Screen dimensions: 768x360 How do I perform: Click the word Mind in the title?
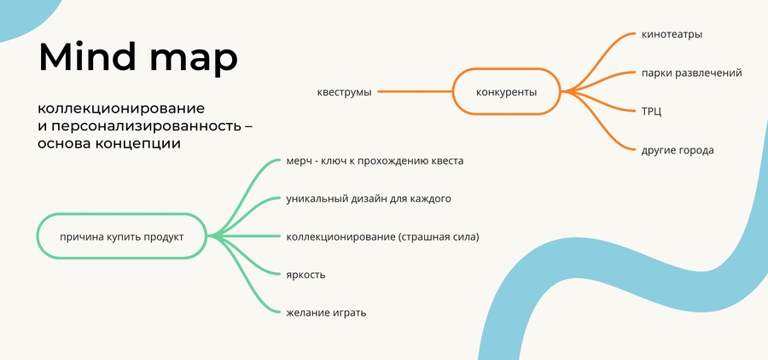coord(88,57)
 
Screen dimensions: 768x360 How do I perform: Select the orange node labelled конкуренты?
coord(506,91)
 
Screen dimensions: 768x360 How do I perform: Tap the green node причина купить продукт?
coord(122,236)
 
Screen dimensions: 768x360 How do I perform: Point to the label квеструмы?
coord(345,92)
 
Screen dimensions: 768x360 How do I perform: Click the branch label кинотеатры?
coord(672,34)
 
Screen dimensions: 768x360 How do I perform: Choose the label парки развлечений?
coord(691,73)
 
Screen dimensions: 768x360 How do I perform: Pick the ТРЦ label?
coord(651,112)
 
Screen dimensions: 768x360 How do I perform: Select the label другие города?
coord(678,150)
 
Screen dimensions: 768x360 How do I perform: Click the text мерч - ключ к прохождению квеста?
coord(375,160)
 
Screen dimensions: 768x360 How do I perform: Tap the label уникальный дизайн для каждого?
coord(369,199)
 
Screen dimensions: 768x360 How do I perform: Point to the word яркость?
coord(305,275)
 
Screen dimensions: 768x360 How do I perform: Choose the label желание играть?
coord(326,312)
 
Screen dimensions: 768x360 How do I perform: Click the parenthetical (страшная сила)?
coord(439,237)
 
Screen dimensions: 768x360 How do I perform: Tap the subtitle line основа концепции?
coord(109,144)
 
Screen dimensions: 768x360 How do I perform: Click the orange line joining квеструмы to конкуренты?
coord(415,91)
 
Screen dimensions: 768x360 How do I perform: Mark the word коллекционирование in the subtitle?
coord(121,108)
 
